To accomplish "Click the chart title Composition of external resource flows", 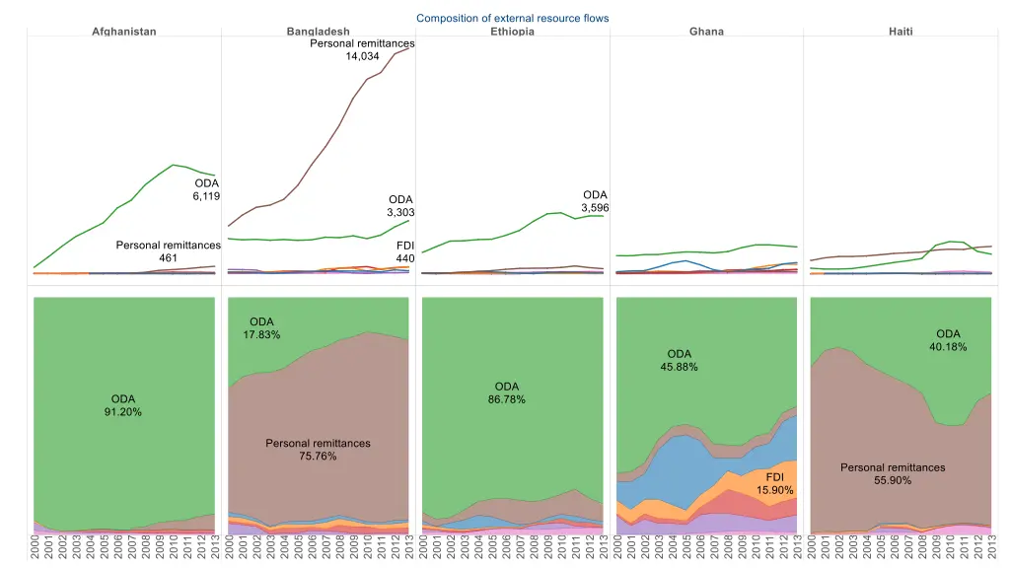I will tap(512, 18).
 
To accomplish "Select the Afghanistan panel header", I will tap(124, 32).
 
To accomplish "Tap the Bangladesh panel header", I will tap(318, 32).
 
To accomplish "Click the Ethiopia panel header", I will tap(512, 32).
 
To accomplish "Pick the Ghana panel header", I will tap(706, 32).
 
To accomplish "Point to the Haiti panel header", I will tap(901, 32).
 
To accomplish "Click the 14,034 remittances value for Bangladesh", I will tap(362, 56).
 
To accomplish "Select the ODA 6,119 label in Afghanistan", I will tap(206, 190).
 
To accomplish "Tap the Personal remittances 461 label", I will tap(168, 251).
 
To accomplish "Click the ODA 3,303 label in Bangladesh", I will tap(400, 206).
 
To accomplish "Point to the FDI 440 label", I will tap(404, 251).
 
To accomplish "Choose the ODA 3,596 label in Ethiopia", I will tap(595, 201).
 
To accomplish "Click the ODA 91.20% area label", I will tap(123, 405).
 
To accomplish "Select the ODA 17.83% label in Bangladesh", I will tap(261, 328).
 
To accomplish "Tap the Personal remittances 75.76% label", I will tap(318, 450).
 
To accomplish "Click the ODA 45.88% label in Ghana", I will tap(680, 360).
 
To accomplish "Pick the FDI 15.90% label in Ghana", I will tap(774, 483).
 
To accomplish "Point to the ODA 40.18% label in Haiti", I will tap(948, 340).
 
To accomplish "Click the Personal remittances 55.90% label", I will tap(893, 473).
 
